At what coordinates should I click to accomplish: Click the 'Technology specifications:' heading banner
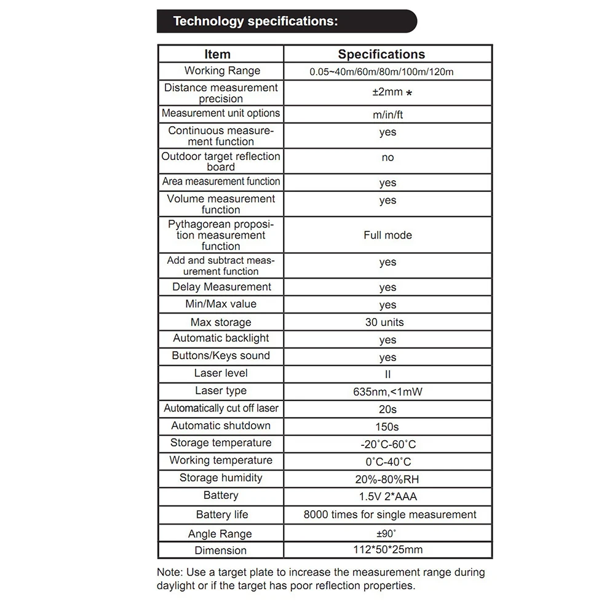click(x=255, y=22)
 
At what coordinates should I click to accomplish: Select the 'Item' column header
click(x=217, y=54)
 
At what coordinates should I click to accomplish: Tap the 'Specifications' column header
click(x=381, y=54)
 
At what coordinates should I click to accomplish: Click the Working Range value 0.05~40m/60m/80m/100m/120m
click(x=381, y=72)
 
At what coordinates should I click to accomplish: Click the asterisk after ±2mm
click(x=410, y=93)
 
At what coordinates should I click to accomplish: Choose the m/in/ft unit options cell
click(x=387, y=115)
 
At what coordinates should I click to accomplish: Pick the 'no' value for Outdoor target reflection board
click(x=387, y=157)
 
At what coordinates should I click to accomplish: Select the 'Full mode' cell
click(x=387, y=235)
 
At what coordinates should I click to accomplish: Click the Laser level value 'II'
click(x=387, y=374)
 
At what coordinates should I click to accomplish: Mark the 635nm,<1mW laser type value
click(x=387, y=392)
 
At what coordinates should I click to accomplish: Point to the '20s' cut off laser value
click(x=387, y=409)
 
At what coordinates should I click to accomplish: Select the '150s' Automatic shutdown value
click(x=387, y=427)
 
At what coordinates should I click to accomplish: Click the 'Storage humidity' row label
click(x=220, y=478)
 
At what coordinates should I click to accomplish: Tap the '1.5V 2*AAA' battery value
click(x=387, y=496)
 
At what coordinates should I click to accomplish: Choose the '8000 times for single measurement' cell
click(x=390, y=515)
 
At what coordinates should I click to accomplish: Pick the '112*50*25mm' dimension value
click(x=387, y=550)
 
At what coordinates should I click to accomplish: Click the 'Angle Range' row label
click(x=220, y=534)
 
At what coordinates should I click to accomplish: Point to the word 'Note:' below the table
click(x=170, y=573)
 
